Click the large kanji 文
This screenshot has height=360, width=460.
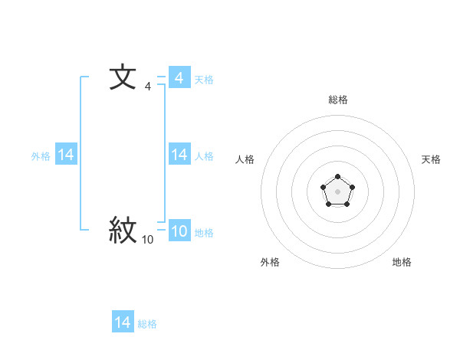coord(123,79)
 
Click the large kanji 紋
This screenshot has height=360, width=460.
coord(123,231)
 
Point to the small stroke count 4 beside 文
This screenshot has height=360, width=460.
coord(148,87)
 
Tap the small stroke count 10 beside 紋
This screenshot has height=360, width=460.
coord(147,241)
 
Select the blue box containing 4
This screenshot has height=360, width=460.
coord(179,78)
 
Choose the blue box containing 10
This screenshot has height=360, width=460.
coord(179,232)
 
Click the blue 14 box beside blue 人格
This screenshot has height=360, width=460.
coord(179,155)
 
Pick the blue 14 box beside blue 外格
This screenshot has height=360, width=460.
coord(66,155)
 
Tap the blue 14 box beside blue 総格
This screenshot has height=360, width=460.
coord(123,322)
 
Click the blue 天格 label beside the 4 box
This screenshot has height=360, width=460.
coord(203,80)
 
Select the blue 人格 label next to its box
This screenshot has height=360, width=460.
coord(203,156)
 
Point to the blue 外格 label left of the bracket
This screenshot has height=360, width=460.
coord(41,156)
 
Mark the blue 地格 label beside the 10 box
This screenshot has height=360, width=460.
coord(203,233)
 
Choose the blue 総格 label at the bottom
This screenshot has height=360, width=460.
coord(147,324)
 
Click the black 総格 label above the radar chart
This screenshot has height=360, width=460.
coord(337,100)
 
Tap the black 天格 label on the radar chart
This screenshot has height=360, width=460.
coord(431,159)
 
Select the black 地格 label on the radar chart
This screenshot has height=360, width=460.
coord(402,262)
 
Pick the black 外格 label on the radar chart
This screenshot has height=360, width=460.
coord(270,262)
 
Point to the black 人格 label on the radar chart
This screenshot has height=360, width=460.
coord(245,159)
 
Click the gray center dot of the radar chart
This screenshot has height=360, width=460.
coord(337,191)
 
